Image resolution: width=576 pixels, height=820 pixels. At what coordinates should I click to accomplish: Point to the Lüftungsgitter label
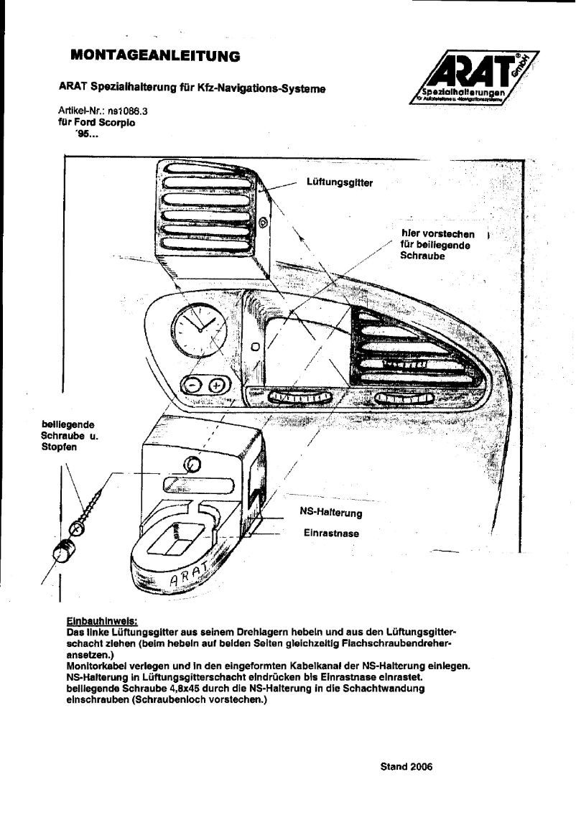coord(339,183)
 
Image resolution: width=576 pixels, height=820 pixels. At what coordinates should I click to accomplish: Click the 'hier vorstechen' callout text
coord(437,235)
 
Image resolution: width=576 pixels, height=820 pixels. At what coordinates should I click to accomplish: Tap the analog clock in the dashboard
coord(198,329)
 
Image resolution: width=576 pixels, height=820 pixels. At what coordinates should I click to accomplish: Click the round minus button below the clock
coord(194,386)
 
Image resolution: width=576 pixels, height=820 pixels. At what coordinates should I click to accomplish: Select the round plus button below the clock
coord(216,386)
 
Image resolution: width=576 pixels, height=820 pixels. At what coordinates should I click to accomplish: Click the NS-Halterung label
coord(330,513)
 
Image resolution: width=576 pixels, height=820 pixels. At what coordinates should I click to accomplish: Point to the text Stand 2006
coord(407,766)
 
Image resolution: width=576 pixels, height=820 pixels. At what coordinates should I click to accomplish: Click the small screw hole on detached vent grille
coord(263,223)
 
